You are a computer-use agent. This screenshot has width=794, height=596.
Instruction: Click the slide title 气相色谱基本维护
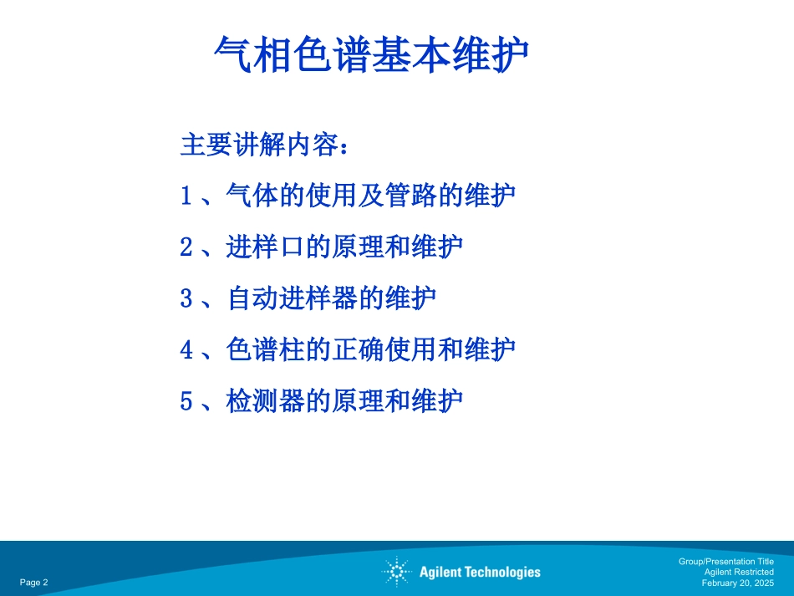[372, 55]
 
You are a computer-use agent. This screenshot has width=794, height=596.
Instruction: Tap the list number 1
[186, 196]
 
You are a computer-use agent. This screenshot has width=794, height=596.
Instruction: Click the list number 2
[186, 247]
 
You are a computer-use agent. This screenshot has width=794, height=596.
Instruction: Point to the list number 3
[186, 298]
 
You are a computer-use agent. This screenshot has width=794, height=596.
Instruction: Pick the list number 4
[186, 349]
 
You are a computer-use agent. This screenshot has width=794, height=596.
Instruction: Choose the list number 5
[186, 401]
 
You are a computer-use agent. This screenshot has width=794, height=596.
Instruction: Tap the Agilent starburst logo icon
[396, 572]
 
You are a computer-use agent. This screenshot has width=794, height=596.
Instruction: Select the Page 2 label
[34, 583]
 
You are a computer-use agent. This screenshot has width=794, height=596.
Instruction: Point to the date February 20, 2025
[737, 583]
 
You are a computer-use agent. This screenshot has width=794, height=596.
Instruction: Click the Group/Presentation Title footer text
[725, 562]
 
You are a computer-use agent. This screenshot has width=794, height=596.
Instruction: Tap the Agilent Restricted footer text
[738, 572]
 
